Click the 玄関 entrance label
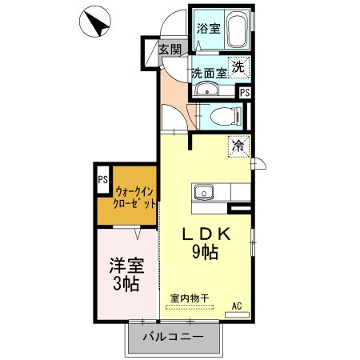170,50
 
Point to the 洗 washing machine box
238,68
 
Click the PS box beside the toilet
244,92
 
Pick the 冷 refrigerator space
238,146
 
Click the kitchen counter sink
203,192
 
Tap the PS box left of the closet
103,179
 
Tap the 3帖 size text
124,284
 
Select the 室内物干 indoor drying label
190,298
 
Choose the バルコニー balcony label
171,337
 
